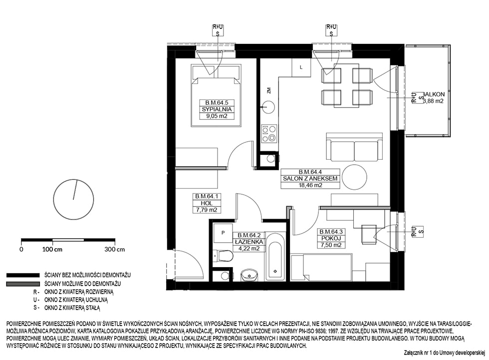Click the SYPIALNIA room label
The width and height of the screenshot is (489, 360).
click(217, 109)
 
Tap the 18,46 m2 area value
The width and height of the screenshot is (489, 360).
click(310, 185)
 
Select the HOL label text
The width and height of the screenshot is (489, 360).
click(207, 203)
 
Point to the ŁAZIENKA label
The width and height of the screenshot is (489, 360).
click(249, 242)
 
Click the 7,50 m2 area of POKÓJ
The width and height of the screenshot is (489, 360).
click(331, 245)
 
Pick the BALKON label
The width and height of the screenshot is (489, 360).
click(434, 94)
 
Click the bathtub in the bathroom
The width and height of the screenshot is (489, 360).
click(275, 257)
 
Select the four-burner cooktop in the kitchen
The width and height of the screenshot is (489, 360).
click(269, 133)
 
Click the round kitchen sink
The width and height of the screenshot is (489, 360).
click(268, 107)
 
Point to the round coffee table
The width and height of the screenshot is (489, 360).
click(354, 177)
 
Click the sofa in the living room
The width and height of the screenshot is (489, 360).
click(354, 147)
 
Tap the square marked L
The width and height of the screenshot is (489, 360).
click(301, 67)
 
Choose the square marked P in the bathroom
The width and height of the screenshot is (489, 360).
click(223, 233)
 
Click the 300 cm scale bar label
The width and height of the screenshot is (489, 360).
click(114, 250)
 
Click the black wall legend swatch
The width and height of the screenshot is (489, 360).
click(23, 276)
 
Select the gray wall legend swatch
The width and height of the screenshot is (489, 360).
click(23, 284)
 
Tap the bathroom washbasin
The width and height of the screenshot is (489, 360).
click(249, 275)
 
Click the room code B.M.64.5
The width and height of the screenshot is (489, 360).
click(217, 103)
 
